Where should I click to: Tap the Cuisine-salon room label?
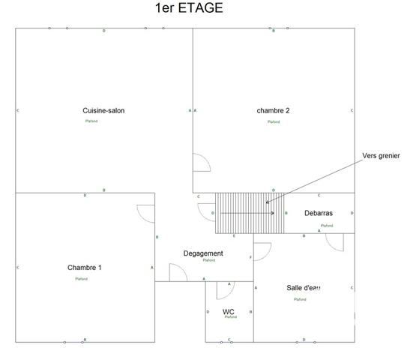pyautogui.click(x=103, y=111)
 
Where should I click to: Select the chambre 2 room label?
pyautogui.click(x=273, y=111)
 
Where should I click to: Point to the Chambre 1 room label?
pyautogui.click(x=84, y=268)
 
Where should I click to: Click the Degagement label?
pyautogui.click(x=203, y=253)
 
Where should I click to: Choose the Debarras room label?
pyautogui.click(x=319, y=214)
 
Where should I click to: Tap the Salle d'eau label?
pyautogui.click(x=304, y=288)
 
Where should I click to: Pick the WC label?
pyautogui.click(x=229, y=310)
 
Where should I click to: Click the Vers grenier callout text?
pyautogui.click(x=381, y=156)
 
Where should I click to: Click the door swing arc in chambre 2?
pyautogui.click(x=201, y=163)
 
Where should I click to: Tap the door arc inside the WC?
pyautogui.click(x=224, y=289)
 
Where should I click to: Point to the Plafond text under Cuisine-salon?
pyautogui.click(x=91, y=121)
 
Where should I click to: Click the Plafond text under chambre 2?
pyautogui.click(x=274, y=121)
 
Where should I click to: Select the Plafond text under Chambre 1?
pyautogui.click(x=81, y=279)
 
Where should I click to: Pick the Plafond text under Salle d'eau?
pyautogui.click(x=300, y=299)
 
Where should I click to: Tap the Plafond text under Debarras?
pyautogui.click(x=327, y=225)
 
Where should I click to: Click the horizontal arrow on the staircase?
pyautogui.click(x=247, y=214)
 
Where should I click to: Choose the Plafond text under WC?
pyautogui.click(x=230, y=317)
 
